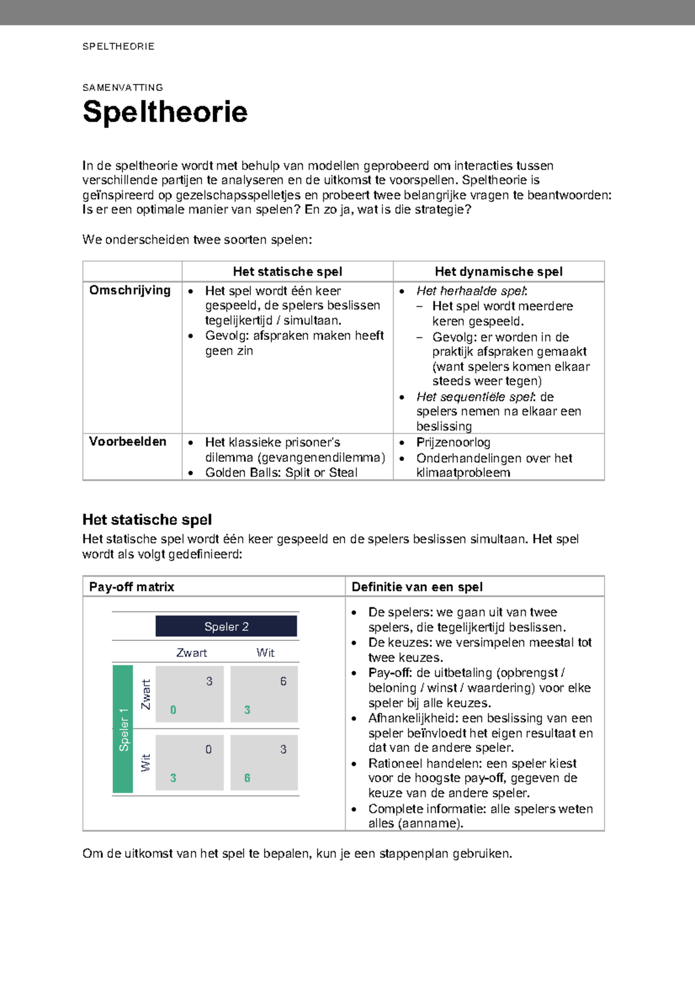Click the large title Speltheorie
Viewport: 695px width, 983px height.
click(x=165, y=112)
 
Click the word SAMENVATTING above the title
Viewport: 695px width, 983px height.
click(x=123, y=88)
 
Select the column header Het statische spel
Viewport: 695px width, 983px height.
click(x=287, y=272)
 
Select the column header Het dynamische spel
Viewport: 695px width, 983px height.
click(x=499, y=272)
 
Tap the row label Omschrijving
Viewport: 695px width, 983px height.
click(x=130, y=291)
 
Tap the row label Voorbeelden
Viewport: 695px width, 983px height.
click(x=127, y=442)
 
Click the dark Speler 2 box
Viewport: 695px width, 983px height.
click(x=226, y=626)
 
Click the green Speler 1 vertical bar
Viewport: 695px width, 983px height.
click(x=123, y=729)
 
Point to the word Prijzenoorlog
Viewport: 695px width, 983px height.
click(x=453, y=442)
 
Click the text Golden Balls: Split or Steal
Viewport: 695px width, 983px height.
click(x=281, y=472)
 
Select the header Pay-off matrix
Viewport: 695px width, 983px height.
click(x=131, y=587)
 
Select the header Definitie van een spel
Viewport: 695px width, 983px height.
click(x=417, y=587)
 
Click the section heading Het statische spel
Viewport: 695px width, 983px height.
click(x=147, y=519)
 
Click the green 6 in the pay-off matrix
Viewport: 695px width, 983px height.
click(x=247, y=778)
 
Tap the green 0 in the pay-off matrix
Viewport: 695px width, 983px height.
click(x=173, y=710)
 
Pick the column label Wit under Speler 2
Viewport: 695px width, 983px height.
click(x=265, y=652)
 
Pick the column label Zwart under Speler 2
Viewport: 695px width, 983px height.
click(x=192, y=652)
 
